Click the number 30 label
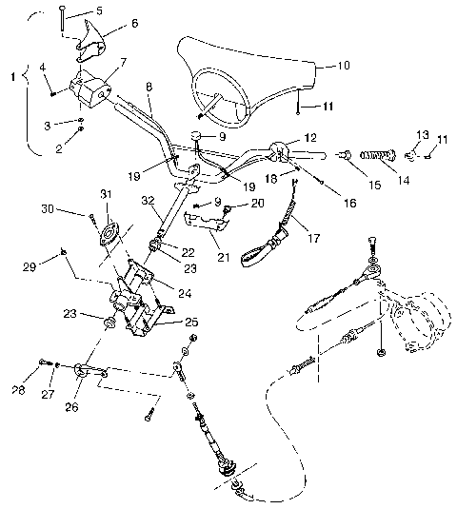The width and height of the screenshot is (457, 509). click(73, 209)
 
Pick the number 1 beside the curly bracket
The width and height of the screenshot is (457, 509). click(11, 73)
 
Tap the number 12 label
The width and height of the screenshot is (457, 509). click(309, 137)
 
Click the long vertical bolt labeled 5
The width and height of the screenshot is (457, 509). click(61, 22)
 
